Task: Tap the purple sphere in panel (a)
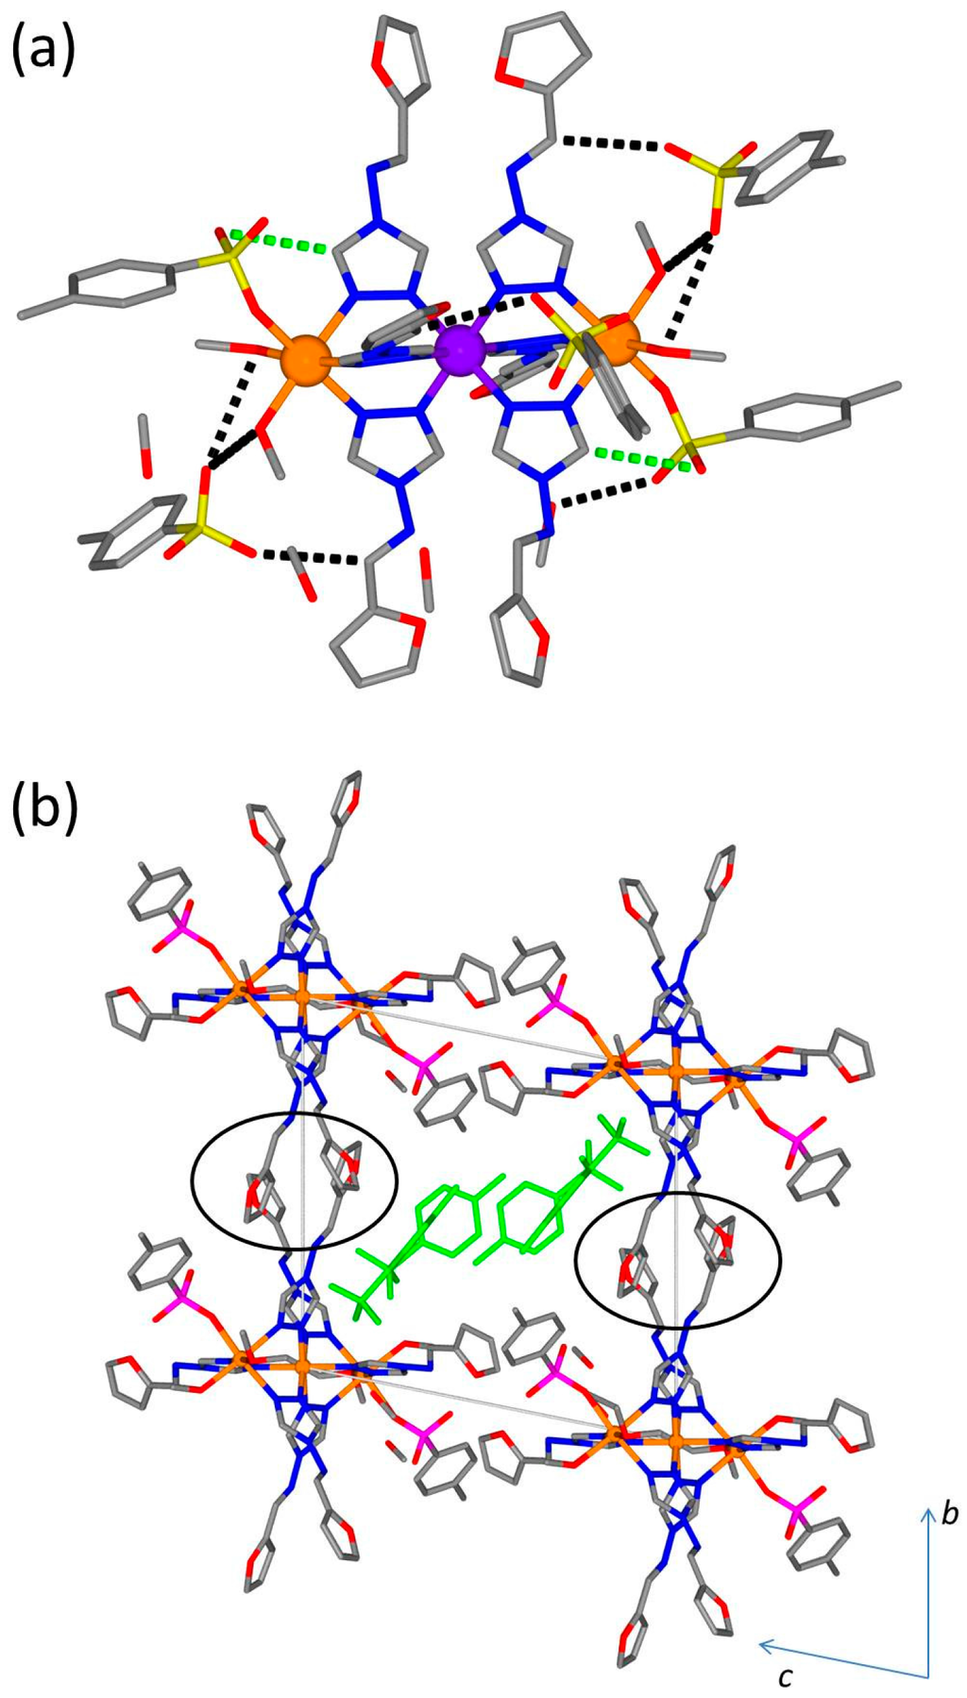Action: point(461,350)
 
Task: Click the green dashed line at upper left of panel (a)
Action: point(280,242)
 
